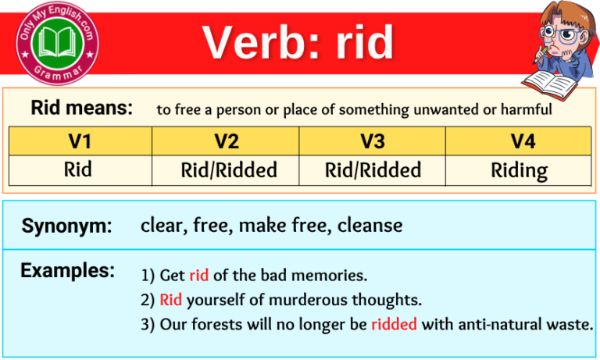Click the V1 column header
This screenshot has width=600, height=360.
click(79, 141)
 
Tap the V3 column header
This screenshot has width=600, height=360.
click(372, 141)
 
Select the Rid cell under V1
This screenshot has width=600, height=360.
click(79, 169)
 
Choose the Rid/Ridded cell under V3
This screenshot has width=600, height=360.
click(372, 169)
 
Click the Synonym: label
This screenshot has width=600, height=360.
click(67, 226)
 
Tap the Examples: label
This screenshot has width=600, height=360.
click(68, 271)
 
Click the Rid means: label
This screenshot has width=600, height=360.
click(82, 109)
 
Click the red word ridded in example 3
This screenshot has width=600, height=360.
click(394, 324)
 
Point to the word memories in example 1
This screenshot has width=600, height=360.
click(334, 276)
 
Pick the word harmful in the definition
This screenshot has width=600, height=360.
click(528, 110)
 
